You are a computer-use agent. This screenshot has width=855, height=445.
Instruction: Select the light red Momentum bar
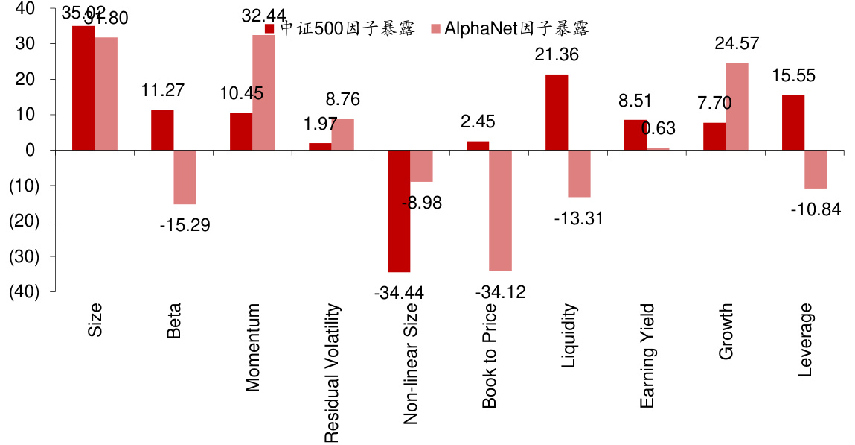263,92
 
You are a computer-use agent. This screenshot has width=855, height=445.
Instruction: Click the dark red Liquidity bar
557,112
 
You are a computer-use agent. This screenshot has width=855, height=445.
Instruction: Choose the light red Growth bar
737,107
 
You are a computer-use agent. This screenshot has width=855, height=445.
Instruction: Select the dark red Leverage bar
793,122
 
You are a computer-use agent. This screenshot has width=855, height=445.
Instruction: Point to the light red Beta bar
185,177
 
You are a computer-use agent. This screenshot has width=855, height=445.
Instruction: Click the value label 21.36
557,54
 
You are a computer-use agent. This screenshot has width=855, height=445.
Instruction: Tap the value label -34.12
500,291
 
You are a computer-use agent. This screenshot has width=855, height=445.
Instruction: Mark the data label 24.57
737,43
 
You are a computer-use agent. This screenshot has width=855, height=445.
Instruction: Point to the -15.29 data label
185,224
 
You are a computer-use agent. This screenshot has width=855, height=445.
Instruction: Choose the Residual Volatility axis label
332,373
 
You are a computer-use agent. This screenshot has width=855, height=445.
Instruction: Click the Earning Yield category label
647,356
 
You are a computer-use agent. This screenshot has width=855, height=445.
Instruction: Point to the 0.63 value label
658,128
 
